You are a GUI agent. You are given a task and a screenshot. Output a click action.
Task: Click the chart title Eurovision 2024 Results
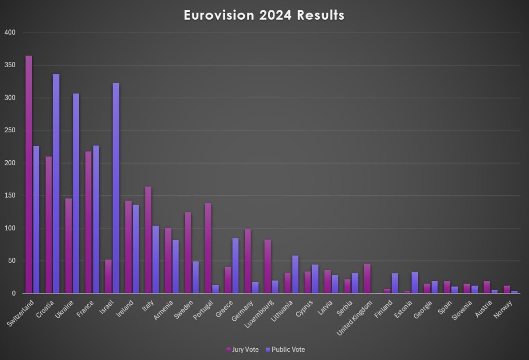(x=264, y=15)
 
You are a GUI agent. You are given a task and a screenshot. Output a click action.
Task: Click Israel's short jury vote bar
(x=108, y=276)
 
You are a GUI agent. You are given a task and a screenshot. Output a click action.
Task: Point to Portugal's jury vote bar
(x=208, y=248)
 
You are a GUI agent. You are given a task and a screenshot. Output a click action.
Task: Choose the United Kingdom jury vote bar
(x=367, y=278)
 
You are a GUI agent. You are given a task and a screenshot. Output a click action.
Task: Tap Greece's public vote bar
(x=236, y=265)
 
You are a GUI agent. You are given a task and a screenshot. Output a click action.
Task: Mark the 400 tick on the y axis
(x=10, y=33)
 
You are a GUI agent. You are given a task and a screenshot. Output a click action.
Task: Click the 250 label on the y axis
(x=10, y=131)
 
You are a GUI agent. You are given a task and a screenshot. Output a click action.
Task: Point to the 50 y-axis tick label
(x=12, y=261)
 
